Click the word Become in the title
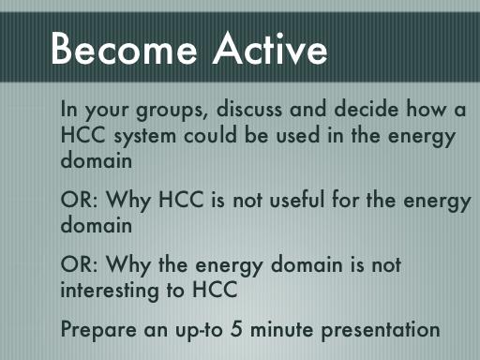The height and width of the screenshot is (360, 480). point(124,49)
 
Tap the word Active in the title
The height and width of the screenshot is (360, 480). point(270,49)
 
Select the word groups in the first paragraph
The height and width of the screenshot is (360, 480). point(172,111)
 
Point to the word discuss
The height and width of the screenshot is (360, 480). point(249,109)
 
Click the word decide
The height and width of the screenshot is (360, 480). point(367,109)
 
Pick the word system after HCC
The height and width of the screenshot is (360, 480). point(144,137)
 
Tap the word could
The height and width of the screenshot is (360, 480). point(210,135)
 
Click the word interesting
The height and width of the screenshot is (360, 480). point(110,291)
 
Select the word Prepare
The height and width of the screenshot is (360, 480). point(98,330)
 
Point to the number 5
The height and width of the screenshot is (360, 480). point(236,328)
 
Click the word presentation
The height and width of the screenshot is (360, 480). point(381,330)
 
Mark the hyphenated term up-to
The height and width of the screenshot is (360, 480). point(199,331)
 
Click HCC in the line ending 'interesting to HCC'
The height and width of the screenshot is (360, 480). point(215,289)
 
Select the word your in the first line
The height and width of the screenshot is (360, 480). point(107,111)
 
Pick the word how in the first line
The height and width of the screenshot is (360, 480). point(426,109)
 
